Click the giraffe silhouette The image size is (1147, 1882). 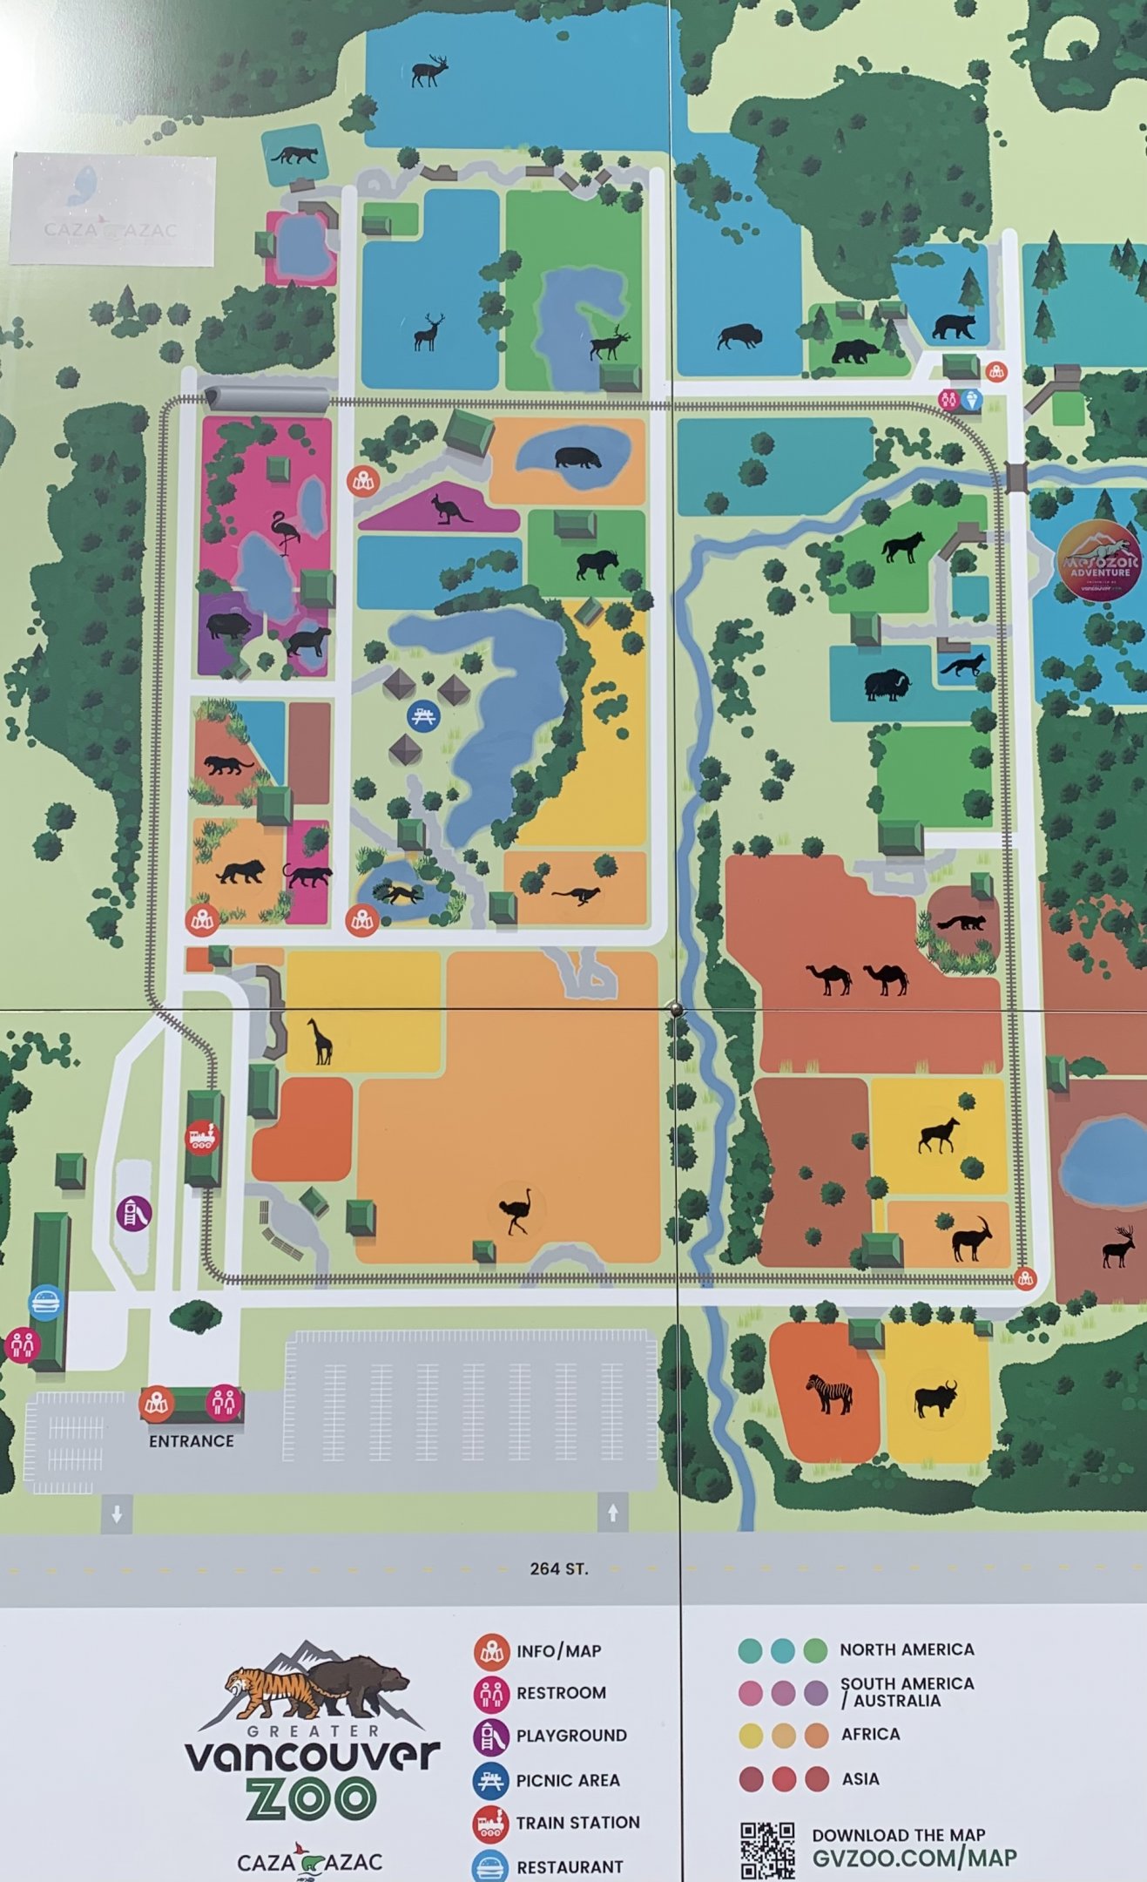click(321, 1040)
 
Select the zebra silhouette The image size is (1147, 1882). click(829, 1393)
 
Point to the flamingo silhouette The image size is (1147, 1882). click(285, 531)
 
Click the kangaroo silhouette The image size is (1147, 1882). click(451, 509)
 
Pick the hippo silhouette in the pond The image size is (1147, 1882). click(577, 457)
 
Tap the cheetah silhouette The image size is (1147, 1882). click(577, 894)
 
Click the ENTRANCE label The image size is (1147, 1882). click(192, 1441)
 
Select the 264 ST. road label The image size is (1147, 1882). click(558, 1568)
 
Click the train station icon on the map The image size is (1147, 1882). click(202, 1136)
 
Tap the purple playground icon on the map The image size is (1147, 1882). click(134, 1212)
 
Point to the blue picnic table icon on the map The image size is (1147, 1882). click(424, 715)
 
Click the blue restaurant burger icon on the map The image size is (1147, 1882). click(47, 1303)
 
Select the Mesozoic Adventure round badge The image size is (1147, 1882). click(1100, 561)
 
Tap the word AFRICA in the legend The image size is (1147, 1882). click(870, 1734)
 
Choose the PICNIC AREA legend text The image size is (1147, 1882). click(568, 1780)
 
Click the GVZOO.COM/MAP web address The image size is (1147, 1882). click(914, 1858)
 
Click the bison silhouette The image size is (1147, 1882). click(739, 336)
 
